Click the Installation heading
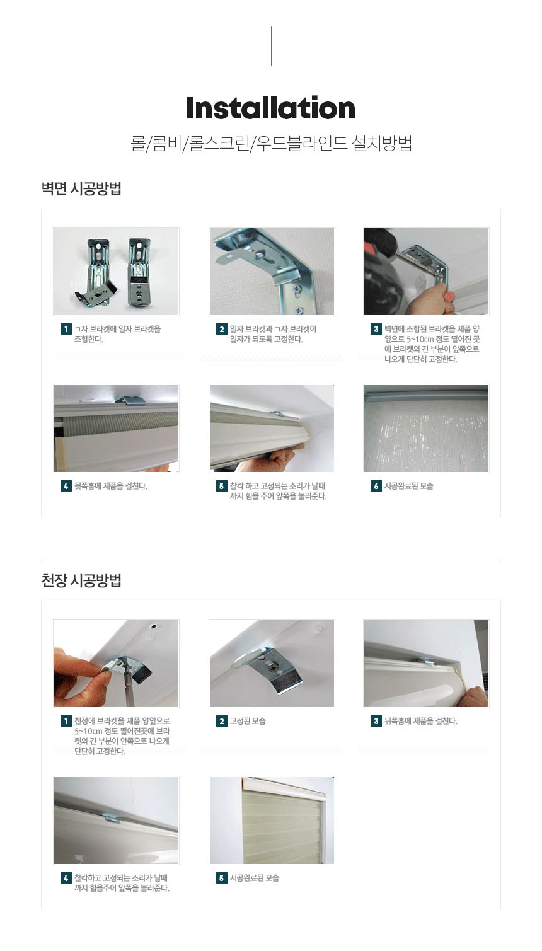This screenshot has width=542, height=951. click(x=271, y=108)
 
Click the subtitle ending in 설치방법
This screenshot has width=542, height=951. click(x=271, y=144)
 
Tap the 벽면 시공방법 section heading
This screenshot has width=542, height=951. click(x=81, y=188)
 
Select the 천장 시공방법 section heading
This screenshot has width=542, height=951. click(x=81, y=580)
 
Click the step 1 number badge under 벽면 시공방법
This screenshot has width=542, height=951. click(x=66, y=329)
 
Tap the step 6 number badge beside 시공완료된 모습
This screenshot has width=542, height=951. click(x=376, y=486)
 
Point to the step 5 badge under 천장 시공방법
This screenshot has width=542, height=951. click(x=221, y=878)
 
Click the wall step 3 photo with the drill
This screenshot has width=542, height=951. click(x=426, y=272)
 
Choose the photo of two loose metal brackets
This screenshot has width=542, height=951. click(x=117, y=272)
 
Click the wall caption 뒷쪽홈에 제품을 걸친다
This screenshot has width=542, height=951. click(x=111, y=486)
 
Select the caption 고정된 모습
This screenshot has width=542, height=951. click(x=248, y=721)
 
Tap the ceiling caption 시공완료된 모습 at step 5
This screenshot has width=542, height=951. click(x=254, y=878)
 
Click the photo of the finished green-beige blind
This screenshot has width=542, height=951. click(x=272, y=821)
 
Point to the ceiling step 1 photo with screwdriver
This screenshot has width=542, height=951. click(x=117, y=664)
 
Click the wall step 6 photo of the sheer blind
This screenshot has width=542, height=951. click(x=426, y=429)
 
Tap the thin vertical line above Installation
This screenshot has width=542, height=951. click(x=271, y=46)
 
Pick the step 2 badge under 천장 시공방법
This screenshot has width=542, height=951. click(x=221, y=721)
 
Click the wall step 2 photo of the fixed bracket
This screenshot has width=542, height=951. click(x=272, y=272)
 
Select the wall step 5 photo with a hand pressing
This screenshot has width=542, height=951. click(x=272, y=429)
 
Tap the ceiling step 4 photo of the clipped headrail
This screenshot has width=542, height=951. click(x=117, y=821)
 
